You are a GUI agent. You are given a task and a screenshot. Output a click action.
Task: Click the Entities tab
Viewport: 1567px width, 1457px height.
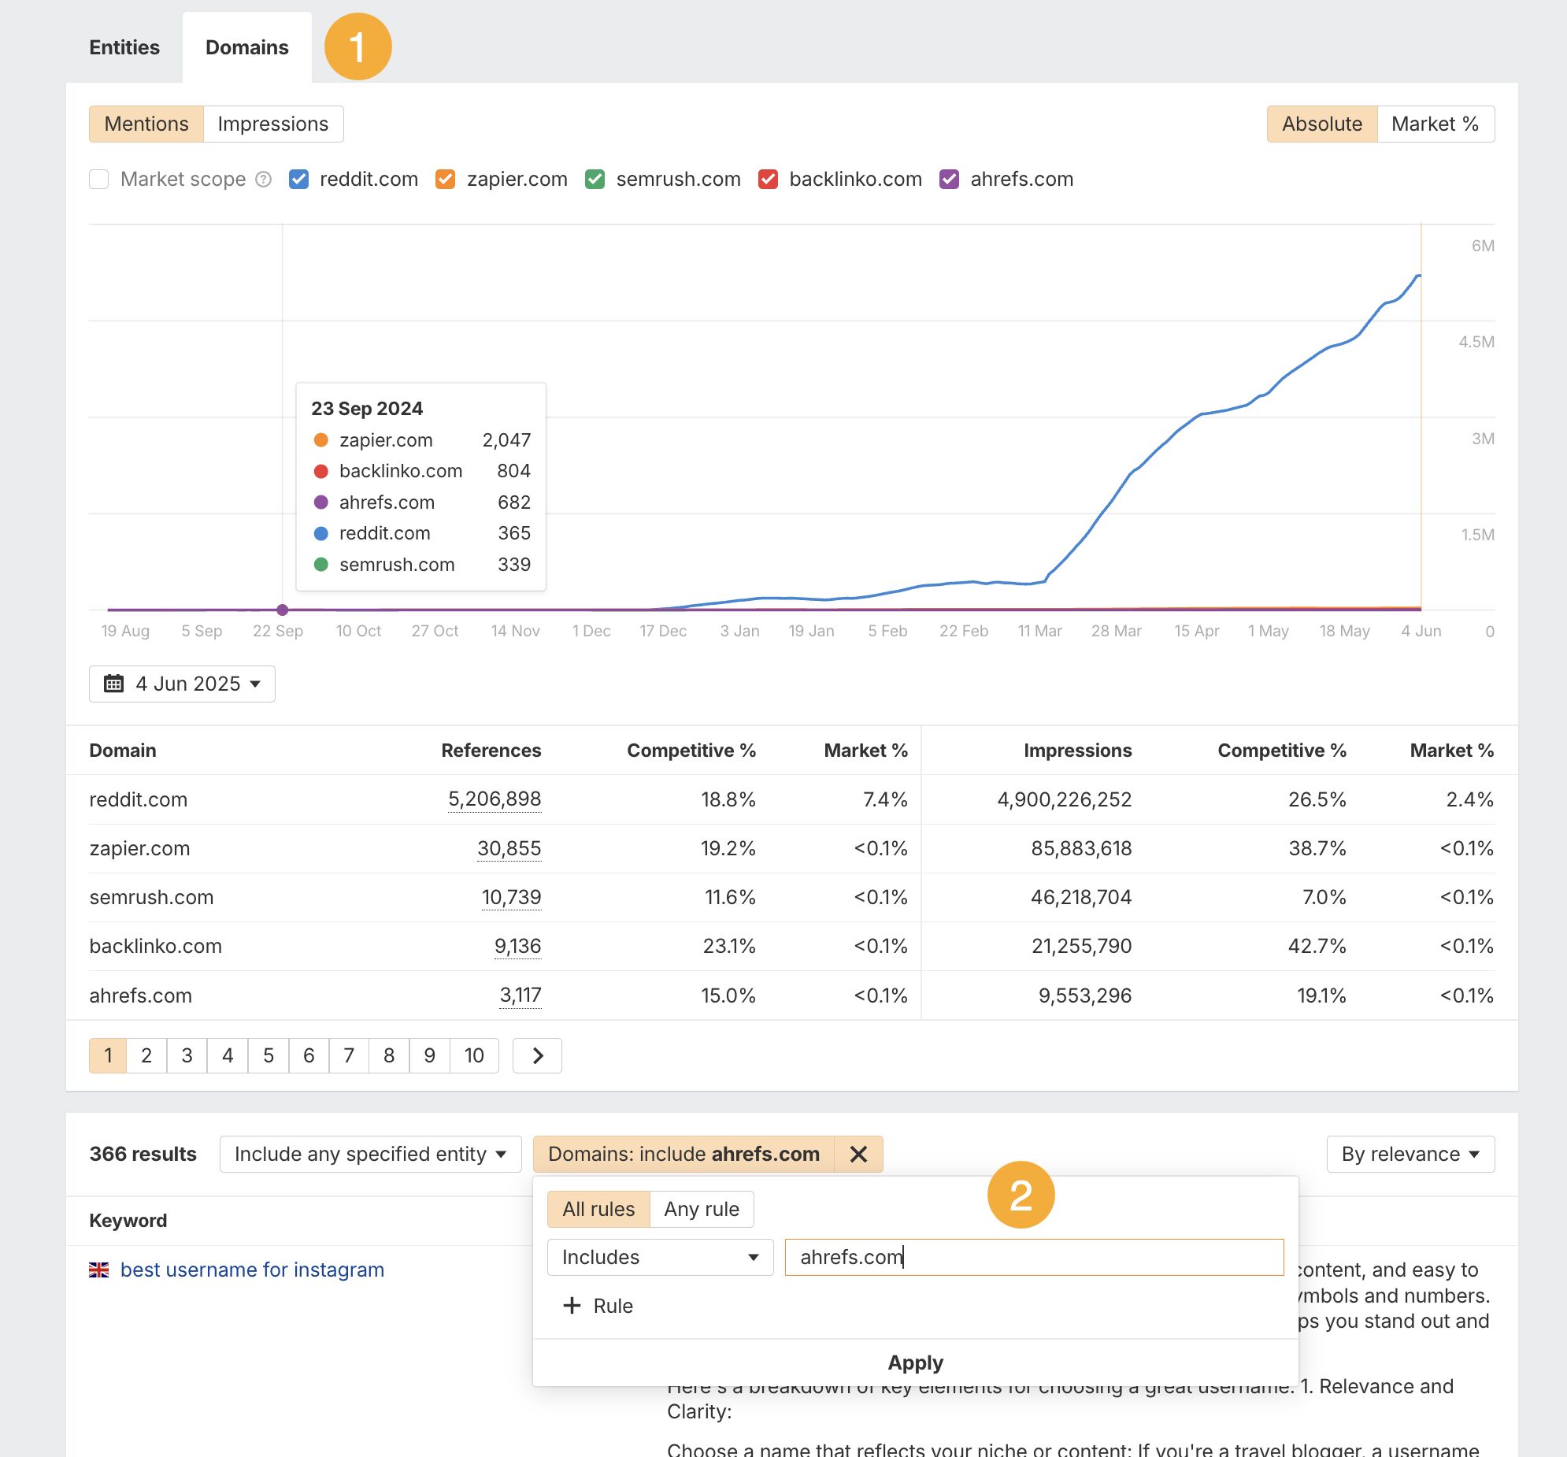coord(124,47)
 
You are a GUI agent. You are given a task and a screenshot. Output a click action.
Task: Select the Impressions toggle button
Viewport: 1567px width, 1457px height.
coord(272,124)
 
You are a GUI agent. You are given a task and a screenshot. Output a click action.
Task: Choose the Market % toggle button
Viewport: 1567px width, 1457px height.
coord(1435,124)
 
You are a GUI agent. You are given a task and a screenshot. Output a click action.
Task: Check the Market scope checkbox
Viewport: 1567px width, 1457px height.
coord(99,180)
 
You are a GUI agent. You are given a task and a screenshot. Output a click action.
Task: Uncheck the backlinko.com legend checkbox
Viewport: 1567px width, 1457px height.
coord(768,180)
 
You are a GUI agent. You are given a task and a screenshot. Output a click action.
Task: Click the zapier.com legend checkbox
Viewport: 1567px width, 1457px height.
coord(446,180)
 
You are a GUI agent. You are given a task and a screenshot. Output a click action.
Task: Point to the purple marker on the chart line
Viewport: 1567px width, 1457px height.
coord(282,610)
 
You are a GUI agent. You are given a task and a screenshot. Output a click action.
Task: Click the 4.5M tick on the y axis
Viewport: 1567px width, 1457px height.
coord(1476,342)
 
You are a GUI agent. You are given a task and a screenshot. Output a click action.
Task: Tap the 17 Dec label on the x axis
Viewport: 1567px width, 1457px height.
coord(663,631)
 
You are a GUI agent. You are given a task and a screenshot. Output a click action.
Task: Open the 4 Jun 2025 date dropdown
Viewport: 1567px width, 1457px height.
coord(182,684)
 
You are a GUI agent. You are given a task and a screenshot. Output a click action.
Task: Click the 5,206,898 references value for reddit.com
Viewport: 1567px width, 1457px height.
coord(495,799)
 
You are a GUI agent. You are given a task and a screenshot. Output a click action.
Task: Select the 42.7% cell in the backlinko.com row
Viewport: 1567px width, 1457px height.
coord(1317,945)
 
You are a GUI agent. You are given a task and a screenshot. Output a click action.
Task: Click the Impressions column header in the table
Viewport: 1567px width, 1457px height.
coord(1076,751)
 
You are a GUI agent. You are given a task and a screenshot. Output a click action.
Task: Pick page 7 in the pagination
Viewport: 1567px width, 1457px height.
coord(348,1055)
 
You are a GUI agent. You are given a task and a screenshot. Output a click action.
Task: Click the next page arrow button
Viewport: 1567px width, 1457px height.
coord(537,1055)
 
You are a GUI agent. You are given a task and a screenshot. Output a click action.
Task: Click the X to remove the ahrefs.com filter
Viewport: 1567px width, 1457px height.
coord(858,1155)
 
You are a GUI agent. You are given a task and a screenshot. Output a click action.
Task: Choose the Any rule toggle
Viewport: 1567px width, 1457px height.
coord(701,1209)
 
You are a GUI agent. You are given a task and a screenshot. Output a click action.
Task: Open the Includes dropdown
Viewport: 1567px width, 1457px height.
coord(660,1257)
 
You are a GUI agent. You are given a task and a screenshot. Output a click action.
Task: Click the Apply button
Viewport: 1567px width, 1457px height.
coord(914,1362)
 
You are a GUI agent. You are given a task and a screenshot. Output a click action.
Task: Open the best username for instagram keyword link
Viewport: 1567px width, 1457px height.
coord(251,1270)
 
